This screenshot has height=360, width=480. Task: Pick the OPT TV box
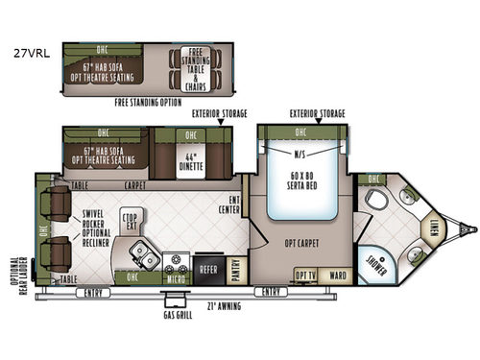(305, 276)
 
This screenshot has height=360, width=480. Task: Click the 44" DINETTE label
(204, 159)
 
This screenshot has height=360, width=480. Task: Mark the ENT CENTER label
(230, 203)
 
